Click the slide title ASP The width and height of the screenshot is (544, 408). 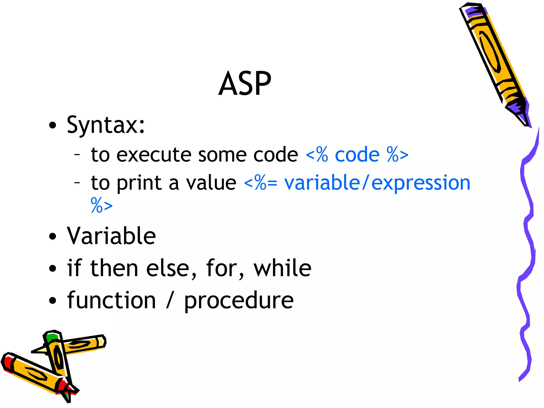click(x=245, y=84)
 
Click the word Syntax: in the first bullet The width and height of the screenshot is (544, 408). click(x=106, y=125)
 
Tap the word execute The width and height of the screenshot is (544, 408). click(x=154, y=155)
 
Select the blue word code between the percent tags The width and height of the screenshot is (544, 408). click(x=357, y=155)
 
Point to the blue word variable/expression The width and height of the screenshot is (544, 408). click(x=377, y=183)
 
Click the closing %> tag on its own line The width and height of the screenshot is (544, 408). click(x=101, y=205)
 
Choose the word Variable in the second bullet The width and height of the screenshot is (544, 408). click(x=111, y=236)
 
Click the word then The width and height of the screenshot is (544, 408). click(x=114, y=268)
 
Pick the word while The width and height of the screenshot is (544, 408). click(x=282, y=268)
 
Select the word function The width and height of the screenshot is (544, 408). click(x=111, y=300)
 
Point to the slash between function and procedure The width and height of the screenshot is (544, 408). click(x=170, y=300)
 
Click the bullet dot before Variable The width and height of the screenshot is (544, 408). click(x=53, y=236)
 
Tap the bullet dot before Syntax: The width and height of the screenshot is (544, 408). click(x=53, y=125)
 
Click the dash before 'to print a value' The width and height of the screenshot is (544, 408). click(x=77, y=182)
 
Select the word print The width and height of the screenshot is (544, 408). click(x=139, y=183)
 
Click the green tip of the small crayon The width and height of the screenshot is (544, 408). click(x=51, y=337)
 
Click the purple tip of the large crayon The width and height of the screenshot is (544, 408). click(x=516, y=106)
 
